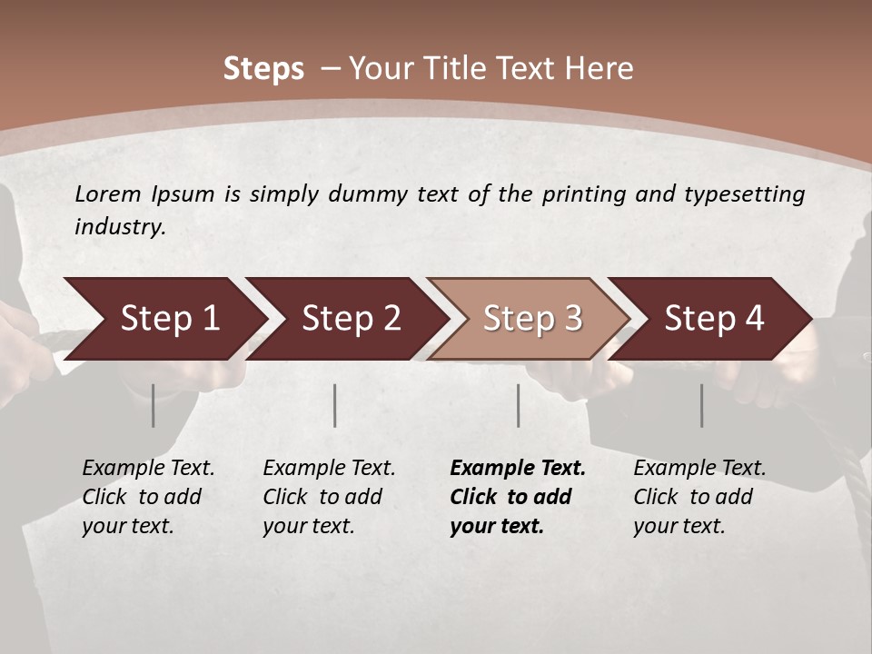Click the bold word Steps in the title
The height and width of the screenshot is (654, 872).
point(263,68)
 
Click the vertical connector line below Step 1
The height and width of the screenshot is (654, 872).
point(153,405)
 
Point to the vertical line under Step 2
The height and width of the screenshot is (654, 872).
point(335,405)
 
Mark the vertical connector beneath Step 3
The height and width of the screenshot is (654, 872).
point(518,405)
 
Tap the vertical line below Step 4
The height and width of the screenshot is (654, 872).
point(701,405)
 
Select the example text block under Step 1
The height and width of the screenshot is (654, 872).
point(148,497)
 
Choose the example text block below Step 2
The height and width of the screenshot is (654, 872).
point(329,497)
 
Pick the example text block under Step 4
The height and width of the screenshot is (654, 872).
point(699,497)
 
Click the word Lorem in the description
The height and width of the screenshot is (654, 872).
point(108,194)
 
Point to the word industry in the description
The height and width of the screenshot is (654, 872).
point(120,227)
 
